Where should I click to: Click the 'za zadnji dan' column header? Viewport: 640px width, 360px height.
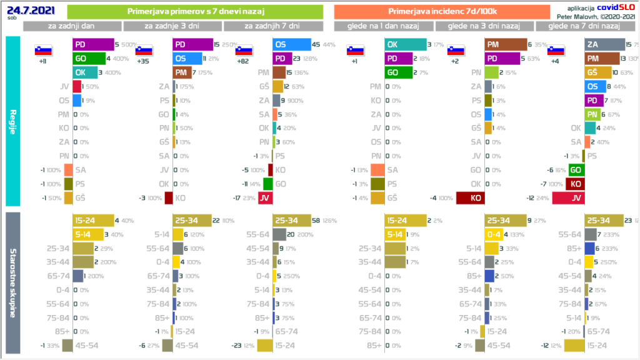pyautogui.click(x=72, y=26)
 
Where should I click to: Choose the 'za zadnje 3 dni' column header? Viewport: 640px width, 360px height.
pyautogui.click(x=172, y=26)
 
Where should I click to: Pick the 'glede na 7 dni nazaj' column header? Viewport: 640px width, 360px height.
pyautogui.click(x=584, y=26)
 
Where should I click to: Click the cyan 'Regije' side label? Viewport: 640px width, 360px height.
pyautogui.click(x=12, y=122)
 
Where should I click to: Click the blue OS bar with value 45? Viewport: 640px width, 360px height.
pyautogui.click(x=292, y=44)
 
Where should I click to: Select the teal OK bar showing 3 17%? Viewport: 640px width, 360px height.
pyautogui.click(x=404, y=44)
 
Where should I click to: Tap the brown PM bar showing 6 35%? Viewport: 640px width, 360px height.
pyautogui.click(x=505, y=44)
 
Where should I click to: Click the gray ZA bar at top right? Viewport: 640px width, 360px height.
pyautogui.click(x=604, y=44)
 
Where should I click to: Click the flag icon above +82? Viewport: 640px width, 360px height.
pyautogui.click(x=244, y=51)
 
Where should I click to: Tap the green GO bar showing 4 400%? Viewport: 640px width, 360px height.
pyautogui.click(x=88, y=59)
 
